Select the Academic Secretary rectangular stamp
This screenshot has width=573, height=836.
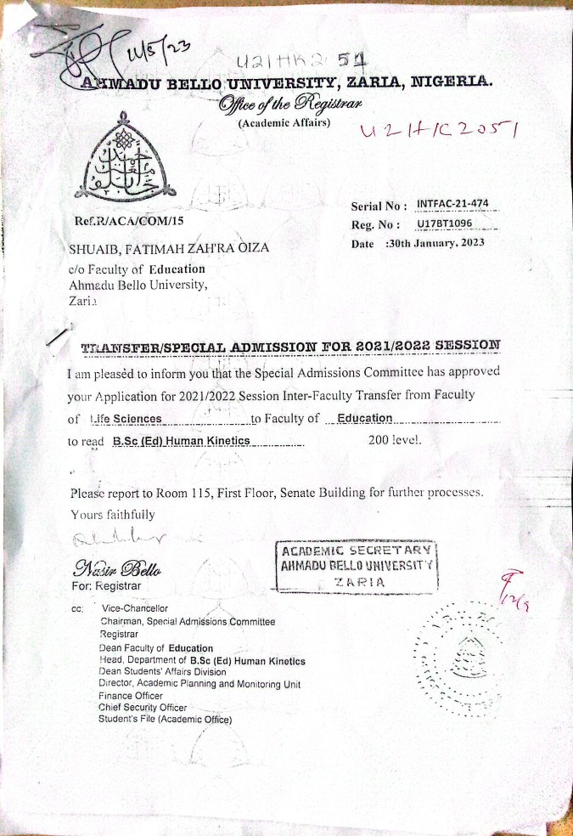[x=358, y=565]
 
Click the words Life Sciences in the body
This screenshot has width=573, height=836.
[x=126, y=419]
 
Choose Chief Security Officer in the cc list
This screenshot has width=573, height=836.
[x=143, y=707]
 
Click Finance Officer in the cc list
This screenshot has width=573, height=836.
[x=130, y=696]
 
